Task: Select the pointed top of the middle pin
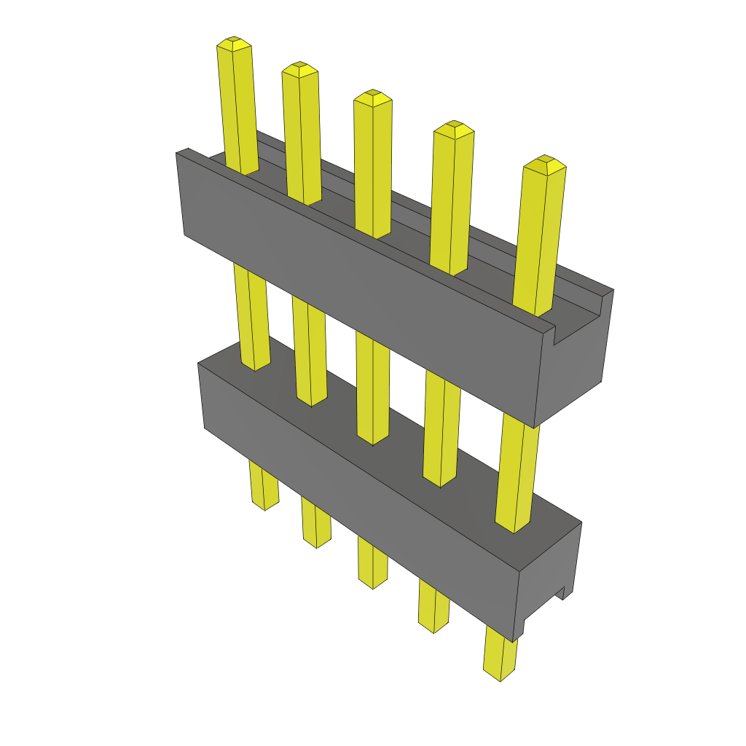point(373,95)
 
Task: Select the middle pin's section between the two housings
point(373,386)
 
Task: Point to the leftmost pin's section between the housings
point(251,313)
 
